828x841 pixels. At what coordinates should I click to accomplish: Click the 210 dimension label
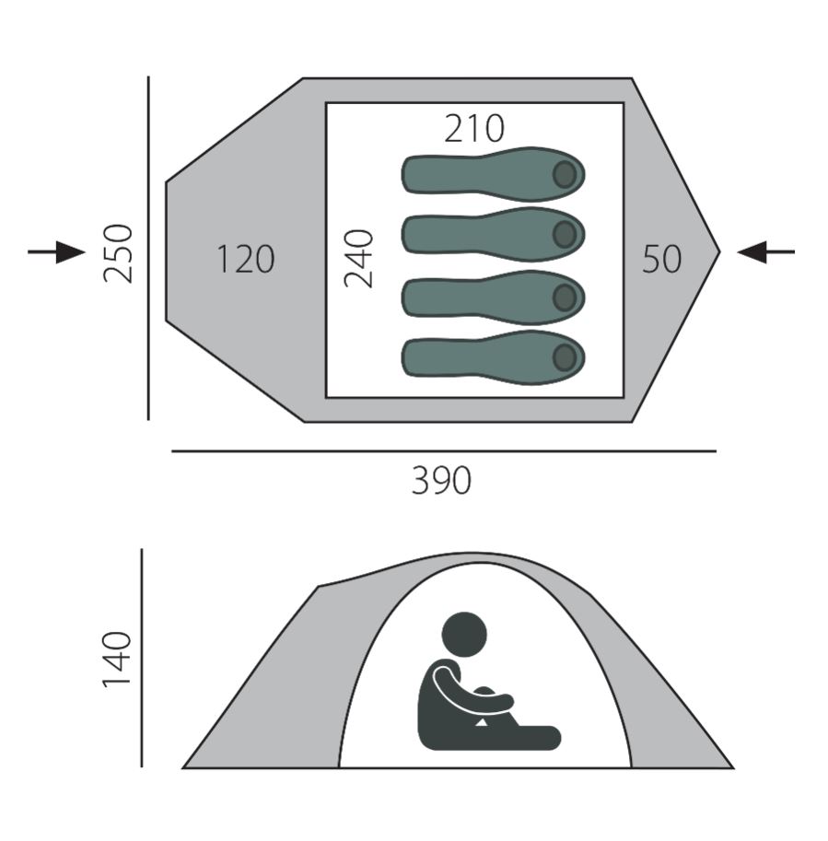click(474, 129)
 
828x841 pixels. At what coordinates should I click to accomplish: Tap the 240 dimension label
click(358, 259)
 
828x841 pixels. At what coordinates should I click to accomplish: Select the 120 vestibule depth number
click(246, 259)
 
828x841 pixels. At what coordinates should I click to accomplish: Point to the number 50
click(662, 259)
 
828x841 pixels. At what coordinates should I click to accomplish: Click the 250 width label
click(118, 253)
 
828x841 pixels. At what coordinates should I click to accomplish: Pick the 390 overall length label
click(441, 480)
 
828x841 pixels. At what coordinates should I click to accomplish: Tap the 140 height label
click(117, 659)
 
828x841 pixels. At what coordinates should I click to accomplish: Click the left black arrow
click(57, 251)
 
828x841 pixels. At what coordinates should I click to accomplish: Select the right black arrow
click(765, 251)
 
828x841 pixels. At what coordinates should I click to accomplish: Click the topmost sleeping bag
click(494, 174)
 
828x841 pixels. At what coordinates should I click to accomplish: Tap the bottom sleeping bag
click(494, 357)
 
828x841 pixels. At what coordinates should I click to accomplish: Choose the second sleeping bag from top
click(494, 234)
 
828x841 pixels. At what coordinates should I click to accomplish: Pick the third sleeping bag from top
click(494, 298)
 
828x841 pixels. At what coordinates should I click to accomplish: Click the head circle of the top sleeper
click(565, 174)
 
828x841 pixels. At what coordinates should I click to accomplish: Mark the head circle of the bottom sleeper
click(565, 357)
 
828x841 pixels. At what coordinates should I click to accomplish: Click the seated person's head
click(464, 635)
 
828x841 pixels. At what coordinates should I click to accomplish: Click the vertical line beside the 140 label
click(142, 658)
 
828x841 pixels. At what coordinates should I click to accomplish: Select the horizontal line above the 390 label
click(444, 451)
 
